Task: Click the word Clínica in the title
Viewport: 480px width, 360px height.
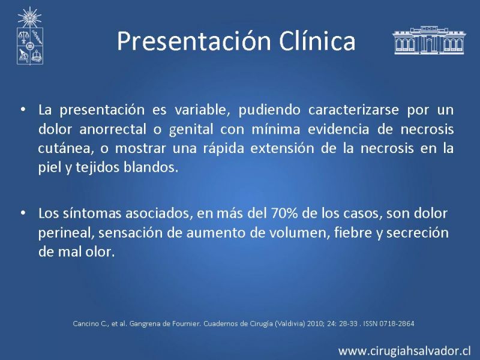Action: [317, 40]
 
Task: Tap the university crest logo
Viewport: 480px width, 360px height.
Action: [29, 36]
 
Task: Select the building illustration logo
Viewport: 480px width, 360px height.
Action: [429, 40]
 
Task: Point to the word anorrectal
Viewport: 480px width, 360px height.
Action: [113, 129]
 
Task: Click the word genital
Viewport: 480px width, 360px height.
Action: [191, 130]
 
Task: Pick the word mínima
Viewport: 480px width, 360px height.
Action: [275, 129]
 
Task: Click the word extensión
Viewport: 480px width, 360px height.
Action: [282, 148]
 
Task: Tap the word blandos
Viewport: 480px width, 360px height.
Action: [151, 167]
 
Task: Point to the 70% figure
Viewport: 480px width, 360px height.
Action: [284, 214]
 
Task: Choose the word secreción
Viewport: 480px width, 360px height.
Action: [418, 233]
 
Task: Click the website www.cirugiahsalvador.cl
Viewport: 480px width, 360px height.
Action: [404, 350]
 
